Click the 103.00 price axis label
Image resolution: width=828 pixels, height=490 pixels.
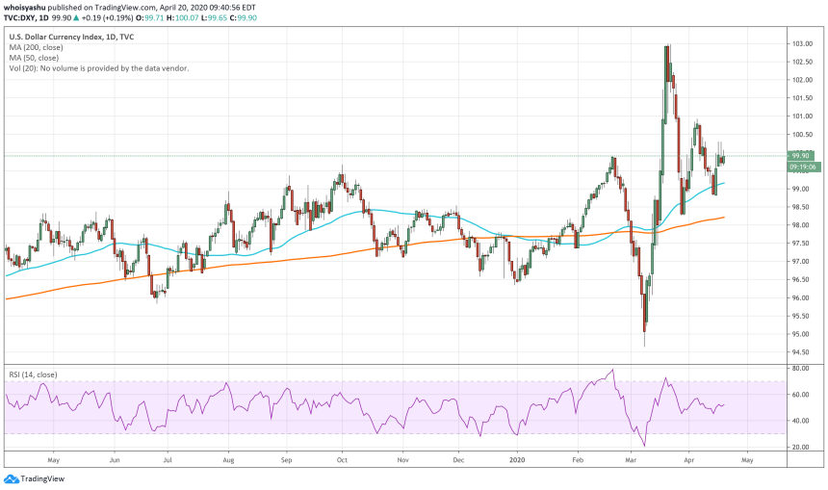(802, 44)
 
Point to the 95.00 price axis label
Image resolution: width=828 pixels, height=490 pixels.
(802, 335)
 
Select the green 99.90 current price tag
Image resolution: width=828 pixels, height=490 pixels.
(801, 155)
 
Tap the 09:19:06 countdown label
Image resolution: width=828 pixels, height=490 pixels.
(801, 167)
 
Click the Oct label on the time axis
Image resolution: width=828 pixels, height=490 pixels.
(342, 460)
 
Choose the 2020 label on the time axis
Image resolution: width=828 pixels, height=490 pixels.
(518, 460)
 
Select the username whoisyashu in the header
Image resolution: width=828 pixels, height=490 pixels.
(26, 6)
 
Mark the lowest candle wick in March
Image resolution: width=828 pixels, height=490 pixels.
(643, 346)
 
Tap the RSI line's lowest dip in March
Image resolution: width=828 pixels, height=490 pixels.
(644, 446)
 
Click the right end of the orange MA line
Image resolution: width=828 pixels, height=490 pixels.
(723, 218)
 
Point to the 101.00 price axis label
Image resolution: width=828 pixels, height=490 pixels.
(802, 116)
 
